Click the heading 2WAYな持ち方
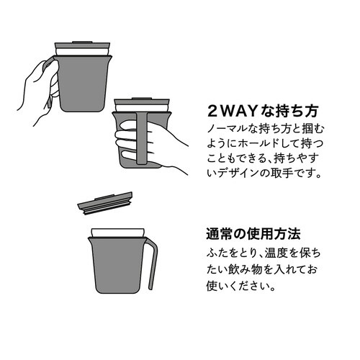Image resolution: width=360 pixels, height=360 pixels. click(x=263, y=112)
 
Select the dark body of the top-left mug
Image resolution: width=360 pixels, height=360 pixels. click(x=82, y=83)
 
